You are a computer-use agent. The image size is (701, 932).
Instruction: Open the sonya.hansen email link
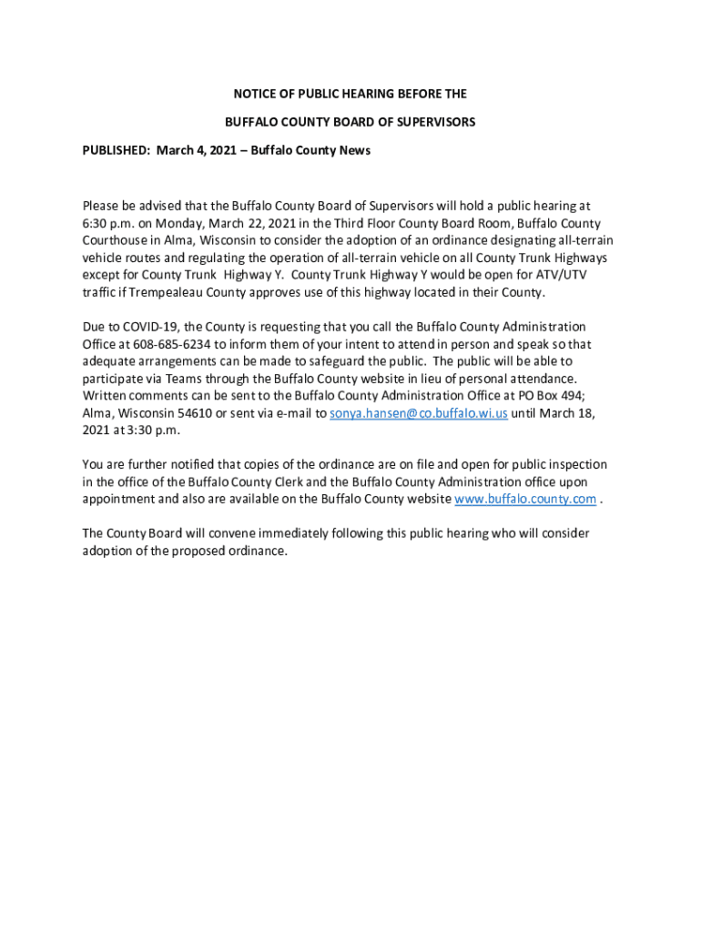click(418, 413)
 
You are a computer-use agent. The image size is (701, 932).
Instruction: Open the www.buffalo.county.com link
click(525, 499)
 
